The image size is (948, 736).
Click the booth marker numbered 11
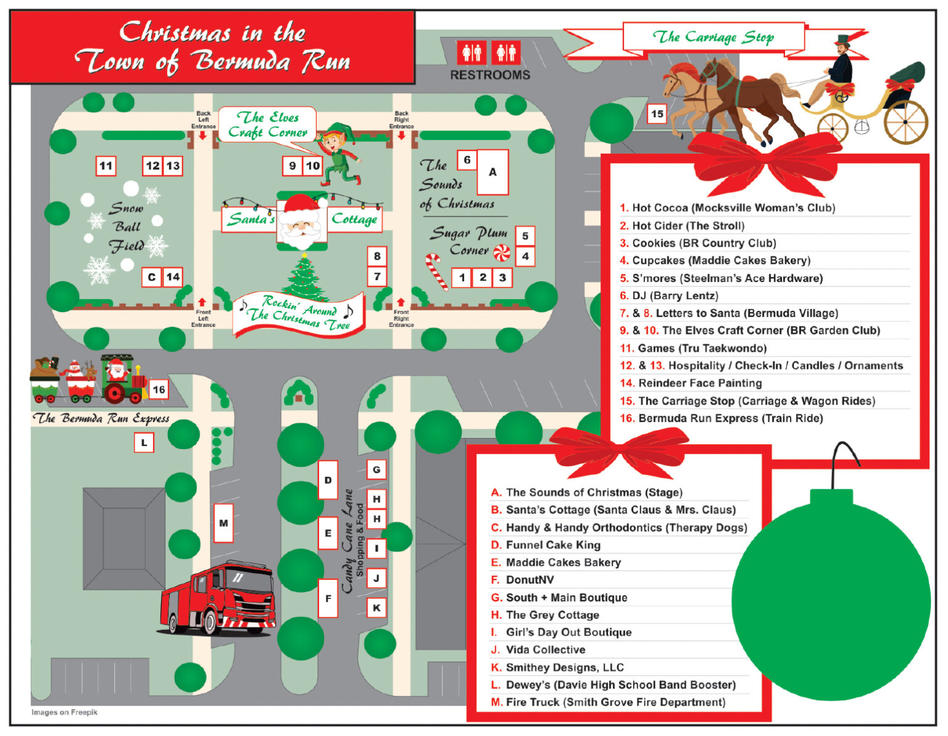[106, 166]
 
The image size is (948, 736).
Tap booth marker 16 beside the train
[159, 389]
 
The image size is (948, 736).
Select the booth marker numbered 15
[657, 114]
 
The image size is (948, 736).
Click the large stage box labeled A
[493, 172]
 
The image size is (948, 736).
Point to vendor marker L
[144, 442]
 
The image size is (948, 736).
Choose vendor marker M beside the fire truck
[223, 523]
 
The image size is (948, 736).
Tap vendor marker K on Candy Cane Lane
[376, 608]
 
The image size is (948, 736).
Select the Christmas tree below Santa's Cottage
[304, 277]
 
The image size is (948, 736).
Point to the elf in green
[338, 154]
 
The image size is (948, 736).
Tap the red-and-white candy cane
[436, 271]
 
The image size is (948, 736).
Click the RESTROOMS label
[490, 75]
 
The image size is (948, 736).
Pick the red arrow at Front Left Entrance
[202, 302]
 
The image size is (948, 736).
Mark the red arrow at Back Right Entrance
[401, 135]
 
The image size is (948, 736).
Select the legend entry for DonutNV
[530, 580]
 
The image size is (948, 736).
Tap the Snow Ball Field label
[127, 227]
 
